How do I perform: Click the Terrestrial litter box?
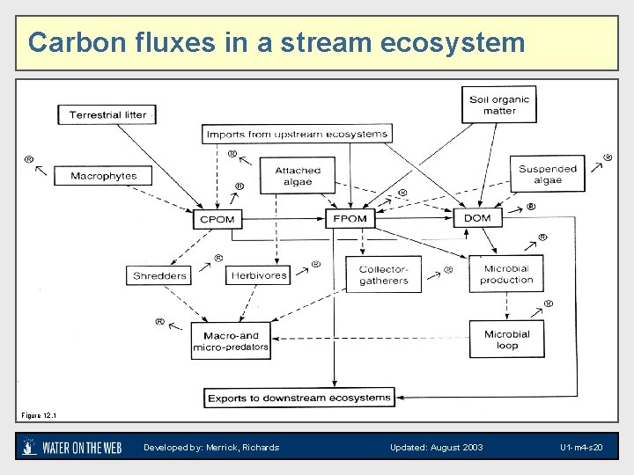107,115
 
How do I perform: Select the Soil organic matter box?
499,106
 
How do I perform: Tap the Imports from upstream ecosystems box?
297,135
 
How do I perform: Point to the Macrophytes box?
103,176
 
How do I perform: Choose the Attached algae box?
298,177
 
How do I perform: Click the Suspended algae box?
547,174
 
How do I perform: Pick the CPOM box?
217,218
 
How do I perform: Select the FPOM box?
350,218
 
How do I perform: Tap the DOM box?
477,218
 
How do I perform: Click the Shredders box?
159,275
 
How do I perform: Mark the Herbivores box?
259,275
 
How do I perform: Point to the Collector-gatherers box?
384,275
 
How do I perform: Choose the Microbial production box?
506,274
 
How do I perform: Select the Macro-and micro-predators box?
231,341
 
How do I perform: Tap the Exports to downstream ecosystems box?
299,398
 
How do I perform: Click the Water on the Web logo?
72,447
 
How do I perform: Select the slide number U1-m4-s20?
581,448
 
